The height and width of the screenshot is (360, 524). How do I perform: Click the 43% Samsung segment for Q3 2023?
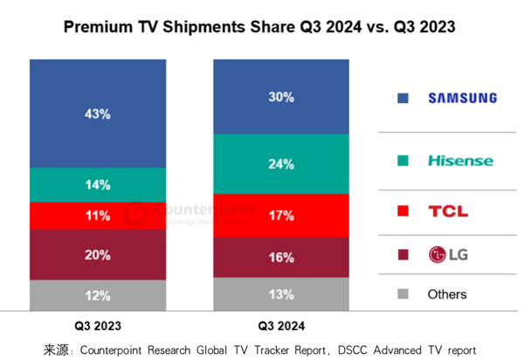pos(98,114)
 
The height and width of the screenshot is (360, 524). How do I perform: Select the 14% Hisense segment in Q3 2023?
pos(98,184)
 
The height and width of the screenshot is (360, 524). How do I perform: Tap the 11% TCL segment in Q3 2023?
pos(98,215)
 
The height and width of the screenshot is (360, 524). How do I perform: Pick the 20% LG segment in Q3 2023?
pos(98,254)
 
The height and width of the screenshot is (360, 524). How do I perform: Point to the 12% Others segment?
pos(98,295)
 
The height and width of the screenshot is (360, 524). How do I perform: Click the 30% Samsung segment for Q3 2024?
pos(282,97)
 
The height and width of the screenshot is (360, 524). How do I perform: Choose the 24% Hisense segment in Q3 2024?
pos(282,163)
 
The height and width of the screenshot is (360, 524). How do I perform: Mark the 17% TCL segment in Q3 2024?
pos(282,215)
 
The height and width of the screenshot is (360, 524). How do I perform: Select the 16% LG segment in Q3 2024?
pos(282,257)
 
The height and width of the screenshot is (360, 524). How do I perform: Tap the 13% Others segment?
pos(282,294)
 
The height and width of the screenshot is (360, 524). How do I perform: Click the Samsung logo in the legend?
pos(461,99)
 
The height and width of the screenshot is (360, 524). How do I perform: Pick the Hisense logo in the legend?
pos(460,161)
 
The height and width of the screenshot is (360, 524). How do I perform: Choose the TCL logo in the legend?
pos(448,211)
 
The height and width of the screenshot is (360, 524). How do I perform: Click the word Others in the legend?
pos(447,294)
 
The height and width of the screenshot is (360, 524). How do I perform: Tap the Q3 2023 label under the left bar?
pos(96,326)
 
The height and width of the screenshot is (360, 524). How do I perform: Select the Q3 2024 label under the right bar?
pos(280,326)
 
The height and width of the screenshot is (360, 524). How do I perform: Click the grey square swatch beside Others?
pos(403,294)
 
